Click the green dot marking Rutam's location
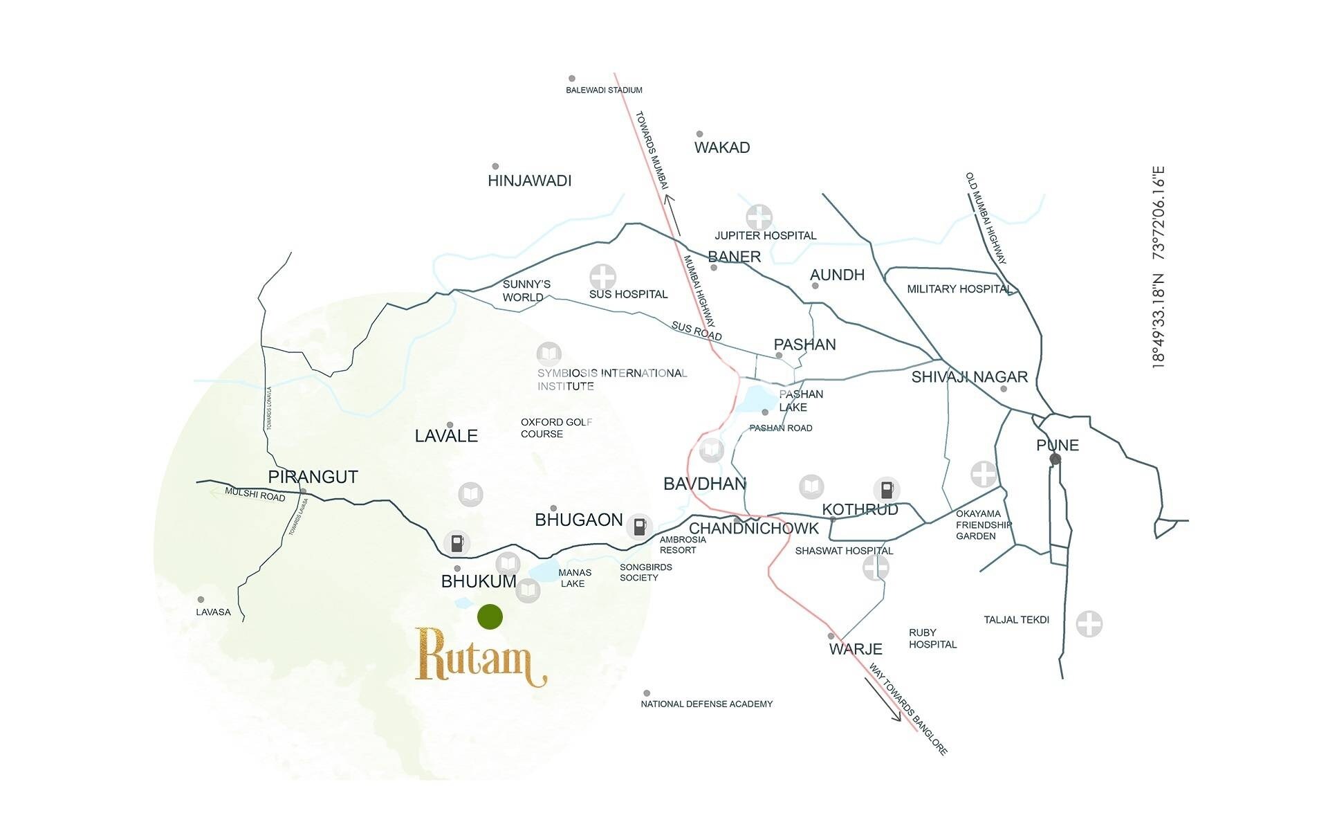tap(490, 616)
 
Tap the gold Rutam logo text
tap(479, 657)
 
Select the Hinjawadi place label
tap(529, 181)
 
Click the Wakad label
tap(722, 147)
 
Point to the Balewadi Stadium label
tap(604, 90)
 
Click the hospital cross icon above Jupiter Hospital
tap(759, 217)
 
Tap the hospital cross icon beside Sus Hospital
tap(602, 277)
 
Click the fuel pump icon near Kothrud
tap(886, 489)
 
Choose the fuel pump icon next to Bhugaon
tap(639, 527)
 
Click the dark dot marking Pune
tap(1055, 459)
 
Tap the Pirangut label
tap(313, 477)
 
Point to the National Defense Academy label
tap(706, 704)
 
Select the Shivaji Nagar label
tap(969, 377)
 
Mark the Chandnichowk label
tap(754, 529)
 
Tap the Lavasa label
tap(213, 612)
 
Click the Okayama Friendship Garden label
tap(982, 524)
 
